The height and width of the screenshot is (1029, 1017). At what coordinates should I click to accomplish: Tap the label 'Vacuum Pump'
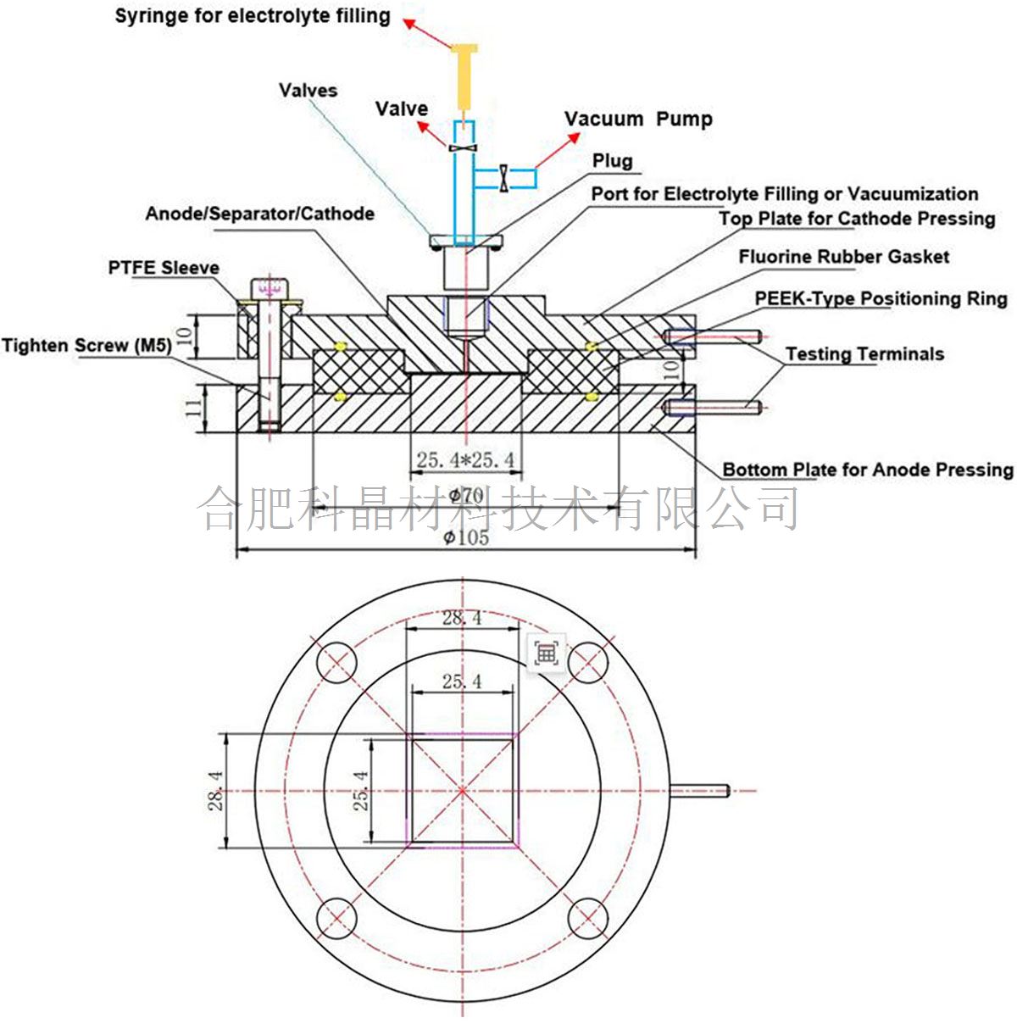638,119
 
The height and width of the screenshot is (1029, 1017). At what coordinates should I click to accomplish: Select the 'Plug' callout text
612,161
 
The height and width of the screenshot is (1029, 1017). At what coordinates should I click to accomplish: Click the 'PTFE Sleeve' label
163,268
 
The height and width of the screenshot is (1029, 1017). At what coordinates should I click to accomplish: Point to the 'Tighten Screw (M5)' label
86,345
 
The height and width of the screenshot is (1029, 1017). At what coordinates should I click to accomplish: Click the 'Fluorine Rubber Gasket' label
843,257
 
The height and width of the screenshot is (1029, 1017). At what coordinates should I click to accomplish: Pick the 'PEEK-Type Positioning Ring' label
881,298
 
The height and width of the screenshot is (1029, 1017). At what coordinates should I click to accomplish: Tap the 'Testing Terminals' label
864,353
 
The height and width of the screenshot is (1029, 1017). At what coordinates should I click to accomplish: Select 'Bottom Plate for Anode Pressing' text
867,470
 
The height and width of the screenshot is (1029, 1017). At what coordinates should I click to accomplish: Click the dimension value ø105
466,537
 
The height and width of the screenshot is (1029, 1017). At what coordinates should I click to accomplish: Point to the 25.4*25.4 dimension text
465,460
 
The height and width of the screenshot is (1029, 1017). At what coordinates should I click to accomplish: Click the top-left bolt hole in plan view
337,662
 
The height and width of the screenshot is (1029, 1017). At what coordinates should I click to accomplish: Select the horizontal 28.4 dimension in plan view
462,618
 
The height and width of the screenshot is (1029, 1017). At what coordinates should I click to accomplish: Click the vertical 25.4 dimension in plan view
361,790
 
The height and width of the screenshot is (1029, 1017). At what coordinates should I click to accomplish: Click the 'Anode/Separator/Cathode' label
259,214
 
